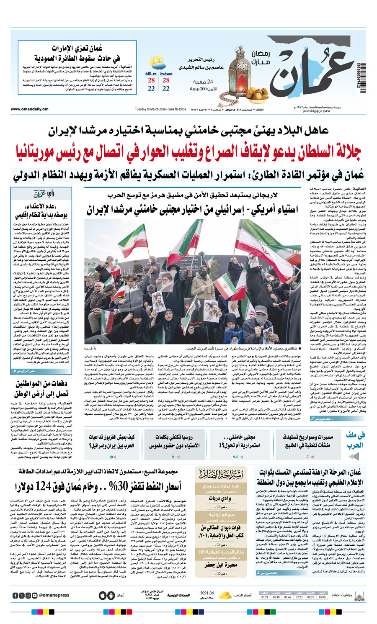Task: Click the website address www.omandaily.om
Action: click(x=30, y=109)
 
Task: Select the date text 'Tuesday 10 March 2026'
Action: click(x=150, y=109)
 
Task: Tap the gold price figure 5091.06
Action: click(x=207, y=593)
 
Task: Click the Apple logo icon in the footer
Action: click(x=103, y=595)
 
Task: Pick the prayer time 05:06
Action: click(x=322, y=597)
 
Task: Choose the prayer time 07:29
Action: click(x=264, y=597)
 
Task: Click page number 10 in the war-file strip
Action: click(x=111, y=457)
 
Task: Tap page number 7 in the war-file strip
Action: click(x=308, y=457)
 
